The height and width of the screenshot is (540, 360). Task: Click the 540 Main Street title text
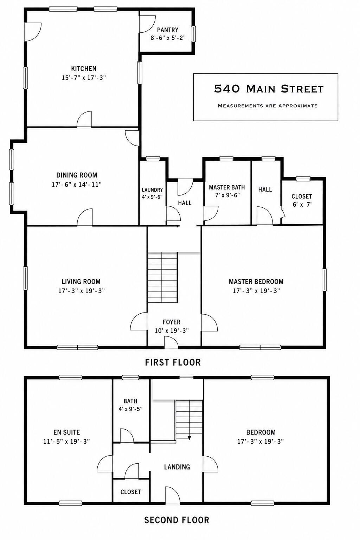tap(269, 89)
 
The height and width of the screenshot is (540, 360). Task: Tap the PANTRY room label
tap(168, 30)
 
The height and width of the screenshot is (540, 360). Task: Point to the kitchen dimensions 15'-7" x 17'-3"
tap(84, 78)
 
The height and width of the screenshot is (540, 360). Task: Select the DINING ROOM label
tap(77, 175)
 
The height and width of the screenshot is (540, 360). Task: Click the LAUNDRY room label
tap(152, 190)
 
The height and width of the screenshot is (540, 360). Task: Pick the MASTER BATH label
tap(227, 187)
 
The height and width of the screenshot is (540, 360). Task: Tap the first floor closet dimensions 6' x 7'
tap(302, 205)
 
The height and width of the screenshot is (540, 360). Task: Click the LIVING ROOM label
tap(81, 281)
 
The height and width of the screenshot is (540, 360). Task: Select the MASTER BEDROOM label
tap(256, 281)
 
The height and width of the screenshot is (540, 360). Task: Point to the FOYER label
tap(172, 322)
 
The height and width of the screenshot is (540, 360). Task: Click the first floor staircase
tap(163, 277)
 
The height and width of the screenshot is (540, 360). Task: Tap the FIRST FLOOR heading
tap(173, 362)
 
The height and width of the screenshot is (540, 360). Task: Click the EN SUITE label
tap(66, 432)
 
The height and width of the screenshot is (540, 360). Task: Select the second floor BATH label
tap(130, 401)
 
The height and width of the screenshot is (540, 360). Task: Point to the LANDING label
tap(177, 467)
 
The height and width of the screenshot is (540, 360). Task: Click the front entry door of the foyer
tap(171, 342)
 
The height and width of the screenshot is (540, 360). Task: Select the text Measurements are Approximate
tap(268, 105)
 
